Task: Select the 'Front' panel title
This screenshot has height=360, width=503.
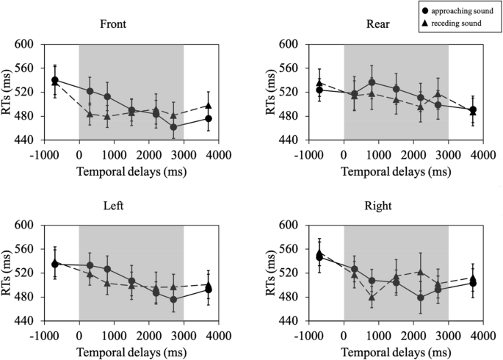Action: [114, 23]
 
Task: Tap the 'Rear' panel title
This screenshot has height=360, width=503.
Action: [379, 23]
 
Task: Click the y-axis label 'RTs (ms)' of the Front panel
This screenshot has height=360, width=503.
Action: [10, 92]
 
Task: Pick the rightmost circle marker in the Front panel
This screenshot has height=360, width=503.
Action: [209, 118]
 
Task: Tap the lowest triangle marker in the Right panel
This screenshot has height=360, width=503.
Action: [372, 298]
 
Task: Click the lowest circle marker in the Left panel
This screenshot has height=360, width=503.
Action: [173, 299]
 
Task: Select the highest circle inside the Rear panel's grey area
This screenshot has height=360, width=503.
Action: [372, 82]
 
